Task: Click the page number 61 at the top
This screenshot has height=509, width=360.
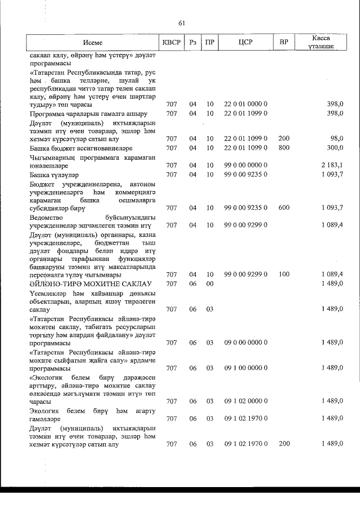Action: (x=181, y=23)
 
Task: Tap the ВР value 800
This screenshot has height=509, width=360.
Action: (x=283, y=147)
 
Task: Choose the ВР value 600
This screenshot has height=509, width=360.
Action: (x=283, y=208)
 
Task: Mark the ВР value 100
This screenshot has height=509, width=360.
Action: (x=283, y=274)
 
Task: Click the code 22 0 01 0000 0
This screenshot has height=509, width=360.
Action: (x=245, y=105)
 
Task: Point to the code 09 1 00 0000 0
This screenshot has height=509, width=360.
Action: (x=245, y=367)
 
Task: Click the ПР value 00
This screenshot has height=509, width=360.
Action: (x=210, y=283)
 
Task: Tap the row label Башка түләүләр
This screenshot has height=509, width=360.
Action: (x=51, y=175)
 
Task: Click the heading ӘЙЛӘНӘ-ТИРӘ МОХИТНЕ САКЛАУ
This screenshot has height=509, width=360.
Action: (x=82, y=283)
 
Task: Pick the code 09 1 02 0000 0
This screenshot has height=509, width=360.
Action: (x=245, y=401)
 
